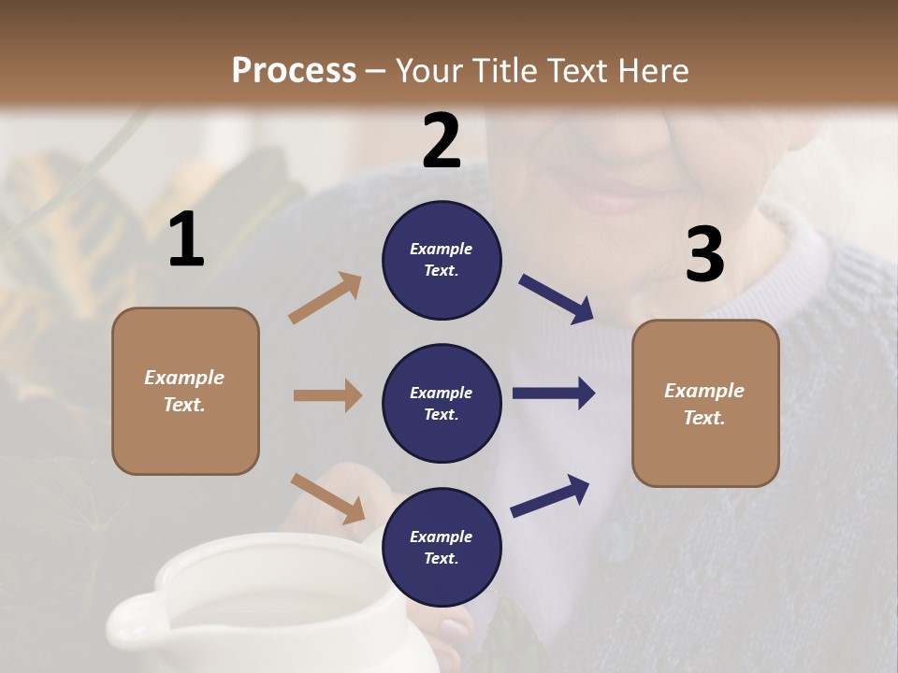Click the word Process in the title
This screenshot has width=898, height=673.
click(294, 71)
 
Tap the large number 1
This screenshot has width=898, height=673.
click(186, 241)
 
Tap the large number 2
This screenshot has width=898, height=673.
click(442, 142)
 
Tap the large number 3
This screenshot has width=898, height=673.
click(704, 255)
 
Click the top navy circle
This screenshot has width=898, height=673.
click(442, 260)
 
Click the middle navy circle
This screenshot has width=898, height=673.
click(442, 403)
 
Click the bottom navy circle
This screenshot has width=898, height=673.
click(442, 547)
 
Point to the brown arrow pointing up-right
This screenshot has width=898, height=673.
click(325, 298)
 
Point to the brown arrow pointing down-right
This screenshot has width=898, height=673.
click(327, 497)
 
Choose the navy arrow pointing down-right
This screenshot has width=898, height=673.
click(557, 299)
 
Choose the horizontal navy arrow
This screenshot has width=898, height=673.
click(554, 394)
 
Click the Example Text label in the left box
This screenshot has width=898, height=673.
click(184, 391)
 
